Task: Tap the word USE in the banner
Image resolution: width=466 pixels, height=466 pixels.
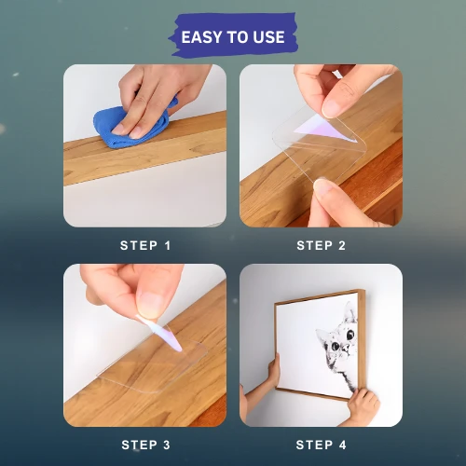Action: (268, 37)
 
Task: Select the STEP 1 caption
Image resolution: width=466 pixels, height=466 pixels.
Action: (145, 245)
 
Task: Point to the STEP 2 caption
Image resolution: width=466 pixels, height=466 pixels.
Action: (322, 245)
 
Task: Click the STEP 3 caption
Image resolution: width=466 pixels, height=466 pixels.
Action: (145, 445)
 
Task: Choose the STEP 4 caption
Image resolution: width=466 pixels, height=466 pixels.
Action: (322, 445)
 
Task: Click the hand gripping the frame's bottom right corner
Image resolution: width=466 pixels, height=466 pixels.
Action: (363, 404)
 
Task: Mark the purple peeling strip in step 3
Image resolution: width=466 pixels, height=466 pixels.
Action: (161, 334)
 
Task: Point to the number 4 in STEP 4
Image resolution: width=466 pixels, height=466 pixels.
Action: (342, 445)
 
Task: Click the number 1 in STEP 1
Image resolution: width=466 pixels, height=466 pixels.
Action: (168, 245)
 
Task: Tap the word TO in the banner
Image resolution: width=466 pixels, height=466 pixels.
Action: (235, 37)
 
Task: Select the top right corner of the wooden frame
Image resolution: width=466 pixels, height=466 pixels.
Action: (364, 290)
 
